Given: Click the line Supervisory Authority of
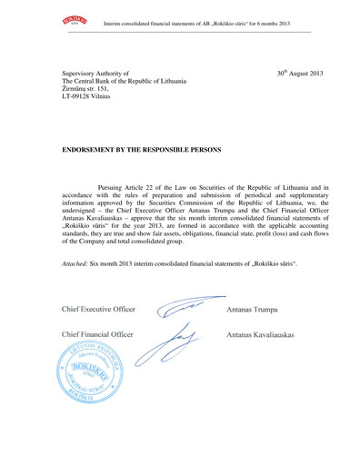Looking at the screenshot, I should (95, 73).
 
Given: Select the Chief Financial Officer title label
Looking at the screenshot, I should (96, 335).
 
